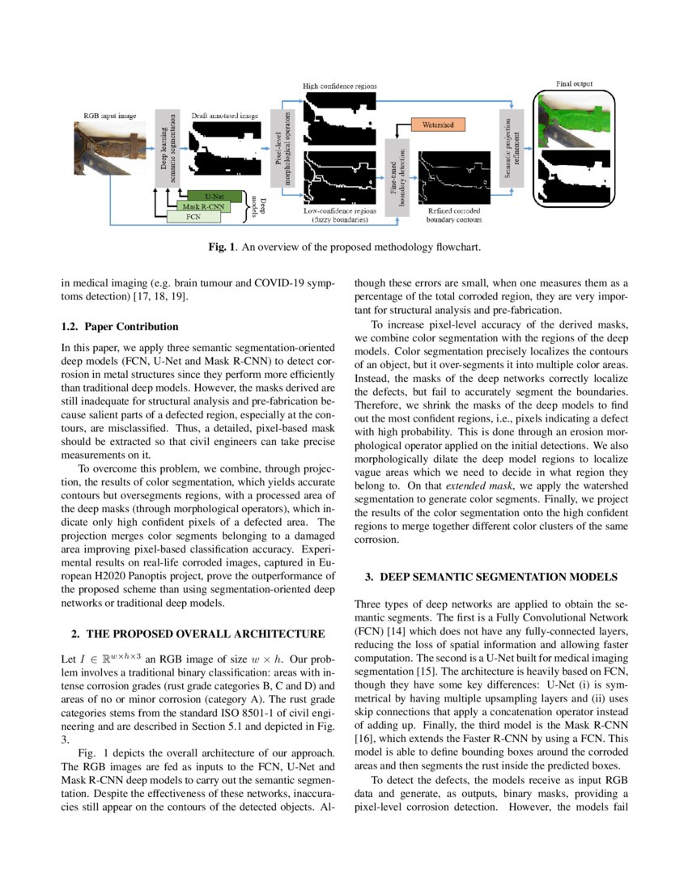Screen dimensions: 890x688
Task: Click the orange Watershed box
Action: tap(436, 125)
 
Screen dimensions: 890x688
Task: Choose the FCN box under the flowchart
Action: tap(192, 217)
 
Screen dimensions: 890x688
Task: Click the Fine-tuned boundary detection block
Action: tap(397, 171)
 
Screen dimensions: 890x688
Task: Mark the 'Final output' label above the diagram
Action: tap(574, 83)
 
